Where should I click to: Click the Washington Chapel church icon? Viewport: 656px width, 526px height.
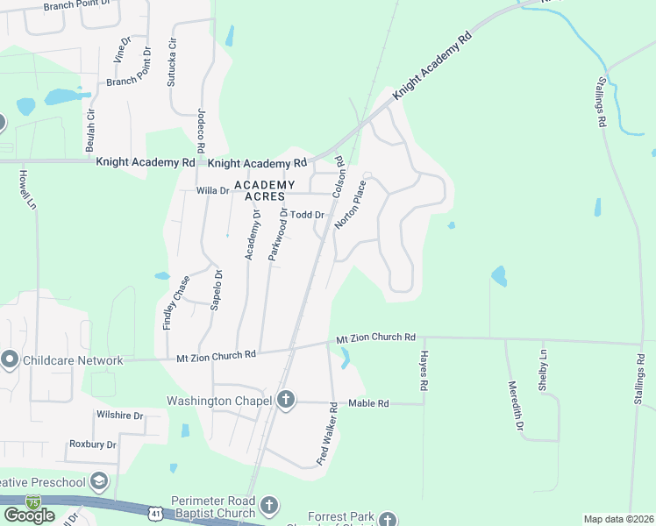pos(285,401)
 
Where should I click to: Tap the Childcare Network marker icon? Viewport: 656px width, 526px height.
pos(10,359)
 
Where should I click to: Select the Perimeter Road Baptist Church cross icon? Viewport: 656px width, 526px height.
pos(269,506)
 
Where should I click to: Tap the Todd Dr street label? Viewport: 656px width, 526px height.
pos(309,215)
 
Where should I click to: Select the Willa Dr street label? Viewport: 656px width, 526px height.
pos(212,190)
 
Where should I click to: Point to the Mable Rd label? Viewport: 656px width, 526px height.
pos(368,403)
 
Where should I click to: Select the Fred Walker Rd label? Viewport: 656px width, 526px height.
pos(328,433)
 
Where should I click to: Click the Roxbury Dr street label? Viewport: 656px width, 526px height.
pos(93,444)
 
